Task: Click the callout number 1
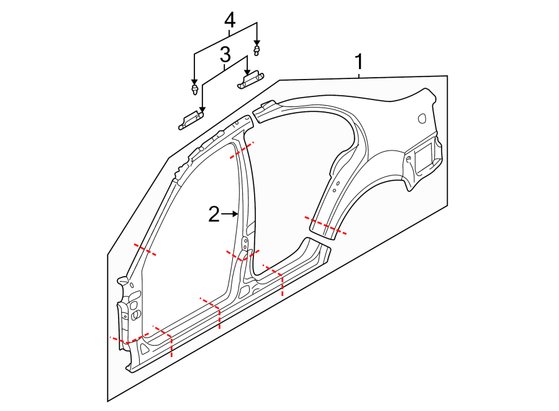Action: click(x=358, y=62)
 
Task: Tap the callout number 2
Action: click(x=214, y=215)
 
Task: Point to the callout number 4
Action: click(x=229, y=20)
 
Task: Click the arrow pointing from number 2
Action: click(x=231, y=214)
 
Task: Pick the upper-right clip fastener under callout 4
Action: click(x=256, y=48)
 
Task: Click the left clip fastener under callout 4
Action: click(x=195, y=91)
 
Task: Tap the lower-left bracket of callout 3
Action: click(x=191, y=119)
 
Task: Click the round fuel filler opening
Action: click(x=422, y=117)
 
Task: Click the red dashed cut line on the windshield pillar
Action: click(x=145, y=250)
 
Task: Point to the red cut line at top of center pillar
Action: click(x=242, y=150)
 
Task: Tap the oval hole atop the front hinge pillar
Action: click(x=122, y=283)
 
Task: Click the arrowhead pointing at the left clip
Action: click(x=194, y=82)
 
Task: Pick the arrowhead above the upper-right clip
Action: click(x=256, y=40)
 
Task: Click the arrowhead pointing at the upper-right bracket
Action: click(x=247, y=70)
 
